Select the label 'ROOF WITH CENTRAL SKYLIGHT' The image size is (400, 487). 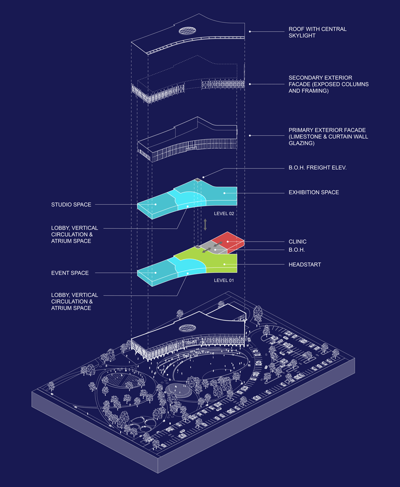(317, 33)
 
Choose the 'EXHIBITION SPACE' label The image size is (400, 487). (313, 192)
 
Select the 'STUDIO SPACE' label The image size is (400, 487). (71, 205)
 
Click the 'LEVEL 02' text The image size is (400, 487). (224, 214)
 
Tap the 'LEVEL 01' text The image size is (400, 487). (224, 281)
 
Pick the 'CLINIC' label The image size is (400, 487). (297, 242)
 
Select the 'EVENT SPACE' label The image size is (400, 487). (70, 273)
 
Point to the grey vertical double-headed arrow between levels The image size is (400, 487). (205, 225)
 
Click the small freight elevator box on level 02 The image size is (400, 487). (198, 180)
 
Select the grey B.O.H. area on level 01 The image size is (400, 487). (214, 249)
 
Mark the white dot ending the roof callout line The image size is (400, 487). (250, 32)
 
